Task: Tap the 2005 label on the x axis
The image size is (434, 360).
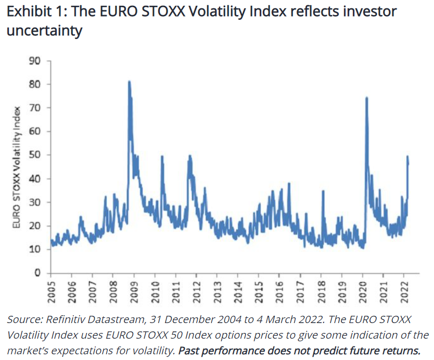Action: (x=51, y=292)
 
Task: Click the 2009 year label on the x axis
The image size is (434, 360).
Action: (x=134, y=292)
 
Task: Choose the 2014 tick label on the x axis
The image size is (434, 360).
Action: (x=238, y=292)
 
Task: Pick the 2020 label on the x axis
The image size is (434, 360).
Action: (x=363, y=292)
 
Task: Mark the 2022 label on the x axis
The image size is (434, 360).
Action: (x=404, y=292)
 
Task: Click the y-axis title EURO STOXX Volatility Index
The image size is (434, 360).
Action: (x=17, y=167)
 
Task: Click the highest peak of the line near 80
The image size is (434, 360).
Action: (x=129, y=82)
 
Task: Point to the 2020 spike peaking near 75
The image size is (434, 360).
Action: (x=367, y=98)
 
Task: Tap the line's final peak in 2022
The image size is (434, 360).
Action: (x=407, y=157)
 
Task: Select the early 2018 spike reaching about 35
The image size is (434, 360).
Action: (x=323, y=191)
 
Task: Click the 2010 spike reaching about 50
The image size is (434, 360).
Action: (x=162, y=157)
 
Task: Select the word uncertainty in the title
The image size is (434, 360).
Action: (x=44, y=31)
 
